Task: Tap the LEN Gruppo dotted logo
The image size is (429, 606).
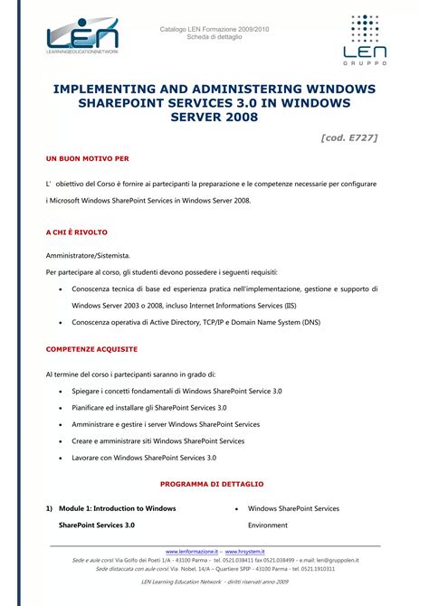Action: (x=365, y=41)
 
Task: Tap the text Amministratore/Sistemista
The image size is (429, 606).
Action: (x=88, y=255)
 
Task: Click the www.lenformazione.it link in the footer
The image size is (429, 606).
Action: (x=192, y=551)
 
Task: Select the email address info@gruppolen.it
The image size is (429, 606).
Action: (x=332, y=560)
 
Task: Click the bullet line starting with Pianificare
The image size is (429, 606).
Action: (x=148, y=407)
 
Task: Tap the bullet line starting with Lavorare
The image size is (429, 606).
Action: (x=143, y=458)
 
